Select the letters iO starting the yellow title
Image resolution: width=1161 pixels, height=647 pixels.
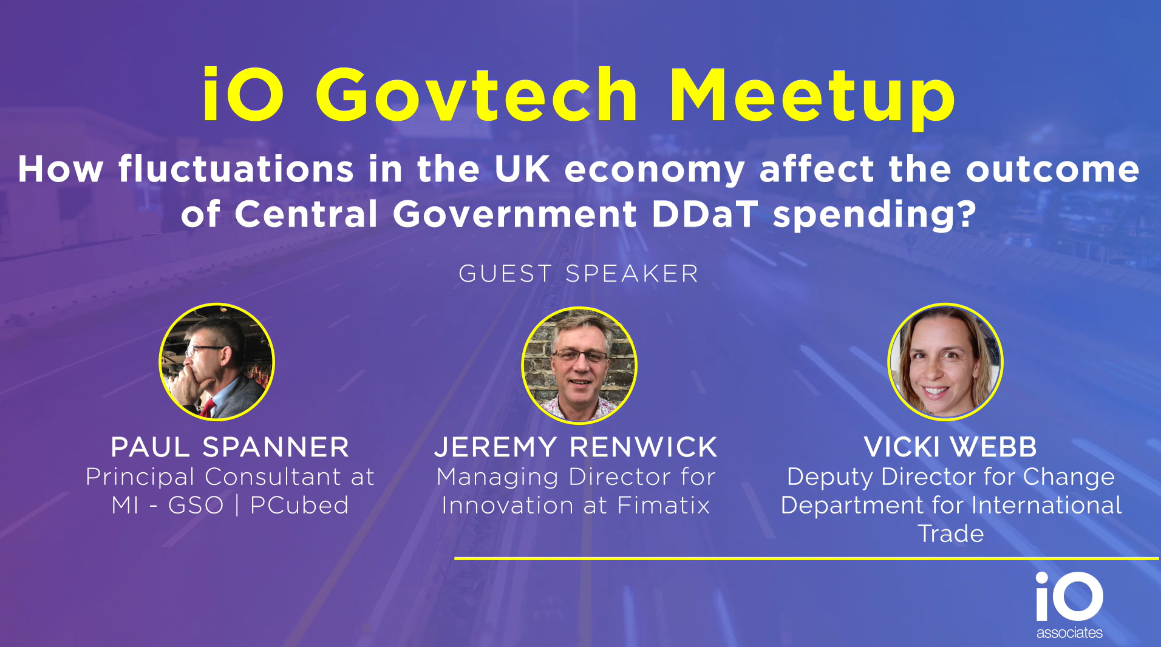click(x=243, y=94)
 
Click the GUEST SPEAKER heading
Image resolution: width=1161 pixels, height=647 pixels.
click(x=579, y=274)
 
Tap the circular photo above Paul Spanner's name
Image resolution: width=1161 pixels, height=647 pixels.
click(x=217, y=362)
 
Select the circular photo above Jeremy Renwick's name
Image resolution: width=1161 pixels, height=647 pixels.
click(x=579, y=365)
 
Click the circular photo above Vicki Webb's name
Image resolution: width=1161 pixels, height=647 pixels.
click(x=945, y=362)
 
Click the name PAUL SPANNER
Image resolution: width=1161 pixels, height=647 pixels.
click(x=230, y=447)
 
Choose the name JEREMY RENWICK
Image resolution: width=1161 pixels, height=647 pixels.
click(x=576, y=447)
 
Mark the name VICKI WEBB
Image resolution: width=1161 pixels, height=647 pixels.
click(x=951, y=447)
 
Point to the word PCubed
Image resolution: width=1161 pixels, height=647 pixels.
click(x=299, y=505)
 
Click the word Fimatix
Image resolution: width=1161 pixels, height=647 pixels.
click(x=664, y=505)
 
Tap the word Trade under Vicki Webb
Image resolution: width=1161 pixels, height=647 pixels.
click(x=951, y=534)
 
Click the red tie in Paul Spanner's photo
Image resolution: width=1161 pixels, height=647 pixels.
click(x=208, y=408)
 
